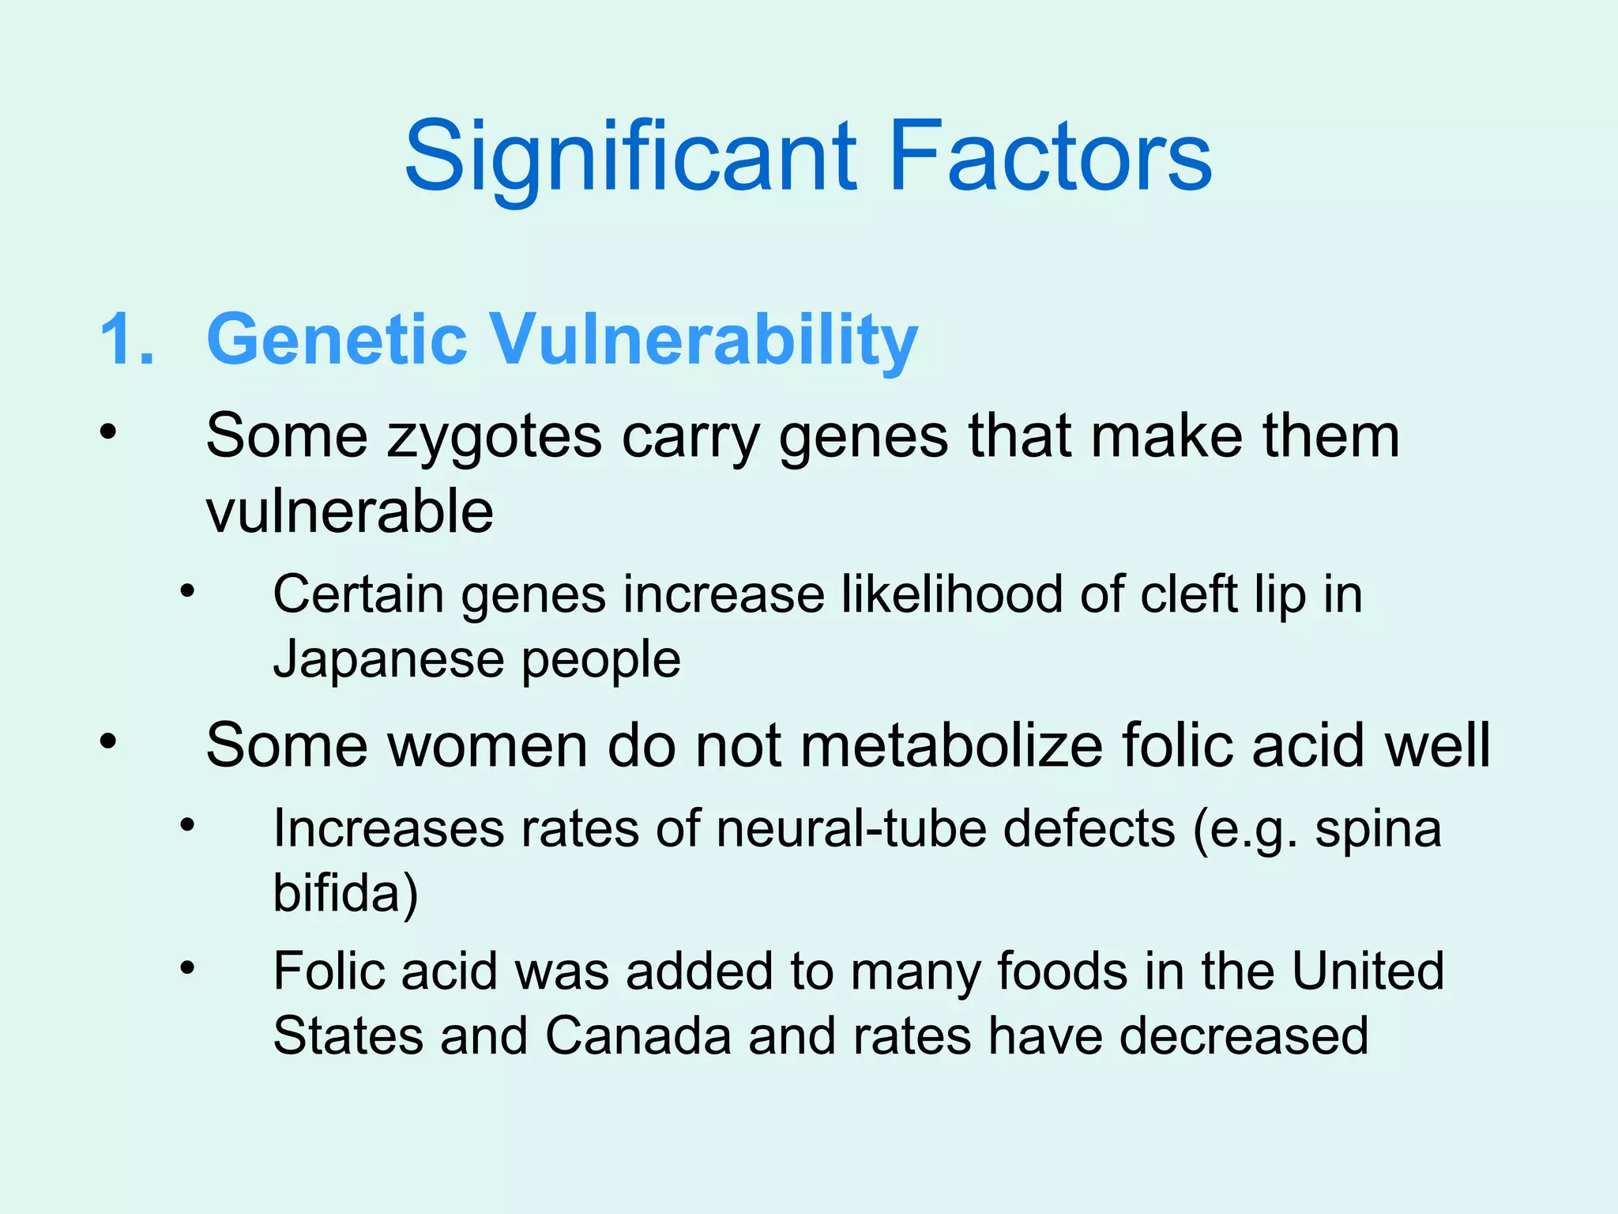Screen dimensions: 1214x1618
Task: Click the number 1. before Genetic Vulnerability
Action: tap(127, 339)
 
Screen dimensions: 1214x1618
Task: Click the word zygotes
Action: tap(494, 437)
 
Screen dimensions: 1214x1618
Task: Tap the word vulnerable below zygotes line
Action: tap(350, 511)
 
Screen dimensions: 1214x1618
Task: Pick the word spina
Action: tap(1378, 829)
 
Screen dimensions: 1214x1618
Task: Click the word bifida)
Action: tap(345, 893)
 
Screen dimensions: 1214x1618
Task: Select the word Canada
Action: tap(638, 1035)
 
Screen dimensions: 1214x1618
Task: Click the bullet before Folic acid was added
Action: tap(186, 967)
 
